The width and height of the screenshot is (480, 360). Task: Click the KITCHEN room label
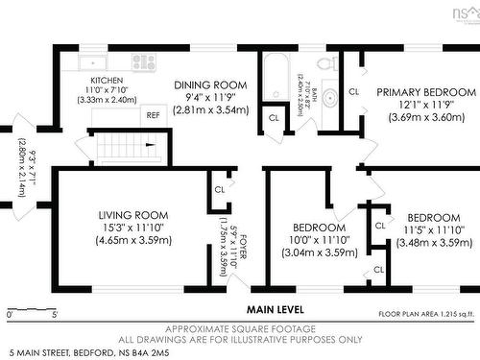click(100, 81)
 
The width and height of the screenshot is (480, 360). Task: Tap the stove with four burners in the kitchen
click(143, 62)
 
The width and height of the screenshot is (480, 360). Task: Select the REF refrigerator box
click(153, 114)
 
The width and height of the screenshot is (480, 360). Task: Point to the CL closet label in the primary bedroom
click(353, 92)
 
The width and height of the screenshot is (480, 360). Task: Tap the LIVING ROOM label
click(133, 214)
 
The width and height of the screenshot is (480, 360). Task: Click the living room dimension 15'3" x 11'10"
click(133, 228)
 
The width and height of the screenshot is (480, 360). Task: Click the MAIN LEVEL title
click(275, 309)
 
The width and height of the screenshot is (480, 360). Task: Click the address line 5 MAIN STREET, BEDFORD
click(76, 353)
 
